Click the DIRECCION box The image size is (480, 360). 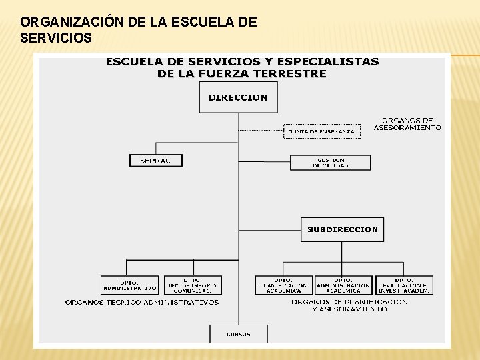pos(238,97)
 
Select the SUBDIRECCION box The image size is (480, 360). pos(342,229)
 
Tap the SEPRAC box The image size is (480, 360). pos(155,161)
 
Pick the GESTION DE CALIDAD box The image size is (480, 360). pos(330,163)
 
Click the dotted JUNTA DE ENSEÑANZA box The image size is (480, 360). pos(322,131)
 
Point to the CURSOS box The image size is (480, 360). pos(238,334)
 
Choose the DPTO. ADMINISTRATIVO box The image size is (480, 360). pos(129,285)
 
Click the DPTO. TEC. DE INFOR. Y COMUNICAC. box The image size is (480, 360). pos(193,285)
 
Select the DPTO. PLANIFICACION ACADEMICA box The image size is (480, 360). pos(283,285)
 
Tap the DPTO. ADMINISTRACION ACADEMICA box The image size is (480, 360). pos(343,285)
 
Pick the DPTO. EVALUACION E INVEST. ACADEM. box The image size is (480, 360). pos(404,285)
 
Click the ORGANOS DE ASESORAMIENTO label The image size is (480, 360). pos(407,124)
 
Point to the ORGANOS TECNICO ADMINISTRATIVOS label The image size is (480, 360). pos(142,302)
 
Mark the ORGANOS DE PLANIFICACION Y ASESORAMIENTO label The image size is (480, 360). pos(349,305)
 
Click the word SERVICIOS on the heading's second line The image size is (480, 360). pos(56,38)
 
